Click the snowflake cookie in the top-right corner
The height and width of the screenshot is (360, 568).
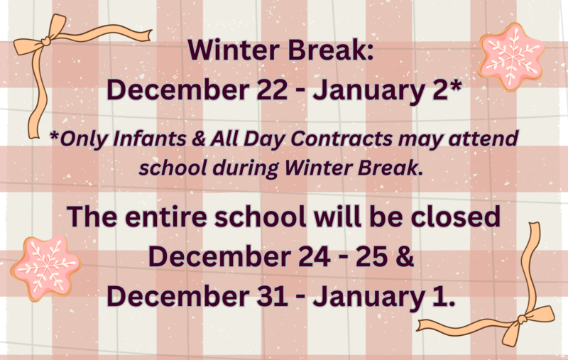pyautogui.click(x=512, y=55)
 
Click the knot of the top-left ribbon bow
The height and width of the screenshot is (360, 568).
pyautogui.click(x=44, y=42)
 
